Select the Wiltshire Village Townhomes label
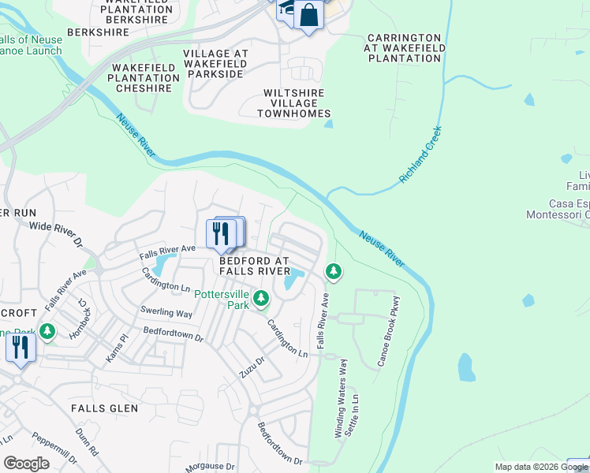pos(293,103)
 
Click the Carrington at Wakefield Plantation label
pos(404,47)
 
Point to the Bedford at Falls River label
pos(254,266)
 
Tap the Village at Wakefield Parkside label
pos(215,64)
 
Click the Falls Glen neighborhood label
pos(104,408)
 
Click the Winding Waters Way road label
pos(340,398)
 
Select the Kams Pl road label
pos(117,348)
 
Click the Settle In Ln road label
pos(356,415)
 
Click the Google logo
pos(26,464)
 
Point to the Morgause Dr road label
pos(211,467)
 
